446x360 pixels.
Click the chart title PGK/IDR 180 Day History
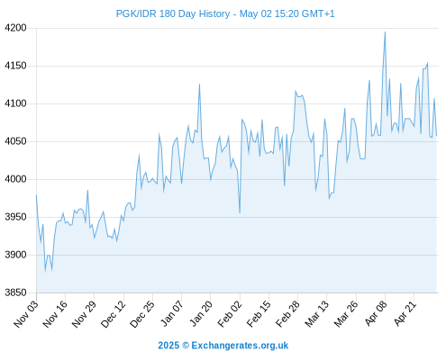(173, 13)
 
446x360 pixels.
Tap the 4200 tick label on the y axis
(15, 28)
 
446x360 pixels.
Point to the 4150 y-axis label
(15, 66)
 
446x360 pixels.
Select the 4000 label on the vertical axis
(15, 179)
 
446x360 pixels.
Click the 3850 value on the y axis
(15, 292)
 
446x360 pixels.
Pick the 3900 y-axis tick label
(15, 255)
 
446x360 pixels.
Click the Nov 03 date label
(26, 314)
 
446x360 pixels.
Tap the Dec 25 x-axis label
(142, 314)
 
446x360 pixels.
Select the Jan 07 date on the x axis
(172, 313)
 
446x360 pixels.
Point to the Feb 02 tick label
(230, 314)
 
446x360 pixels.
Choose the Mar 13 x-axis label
(317, 314)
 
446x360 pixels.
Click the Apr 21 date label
(405, 313)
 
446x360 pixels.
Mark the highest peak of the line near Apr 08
(385, 32)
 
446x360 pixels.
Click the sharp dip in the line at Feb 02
(240, 212)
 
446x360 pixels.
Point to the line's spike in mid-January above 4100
(199, 85)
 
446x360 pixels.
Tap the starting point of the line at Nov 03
(36, 195)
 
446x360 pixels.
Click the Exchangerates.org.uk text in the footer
(240, 346)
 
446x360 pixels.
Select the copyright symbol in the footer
(186, 346)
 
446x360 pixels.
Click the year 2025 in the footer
(168, 346)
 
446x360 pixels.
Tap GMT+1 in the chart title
(318, 13)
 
